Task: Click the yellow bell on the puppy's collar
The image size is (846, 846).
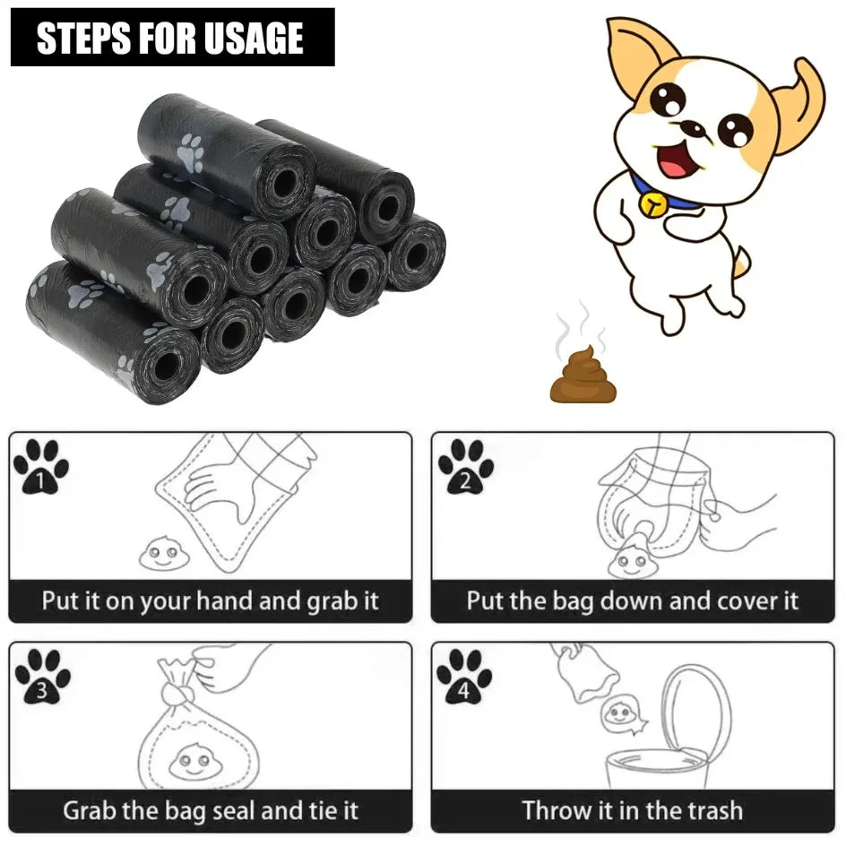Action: tap(652, 206)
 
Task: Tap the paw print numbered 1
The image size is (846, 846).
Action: tap(40, 466)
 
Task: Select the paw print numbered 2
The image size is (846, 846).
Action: tap(464, 466)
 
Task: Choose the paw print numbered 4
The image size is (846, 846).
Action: tap(464, 676)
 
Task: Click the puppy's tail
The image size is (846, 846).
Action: tap(739, 262)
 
